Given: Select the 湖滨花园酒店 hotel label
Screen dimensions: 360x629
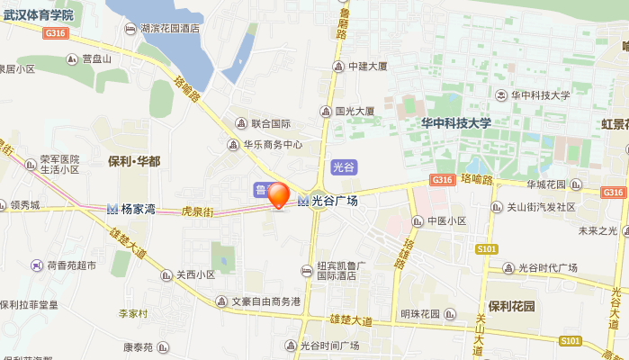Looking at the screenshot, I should (170, 29).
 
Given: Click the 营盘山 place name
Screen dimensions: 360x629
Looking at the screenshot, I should (94, 59).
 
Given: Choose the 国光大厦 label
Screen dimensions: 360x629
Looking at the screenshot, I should (355, 112).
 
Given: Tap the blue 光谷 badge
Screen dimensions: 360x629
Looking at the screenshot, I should (344, 166).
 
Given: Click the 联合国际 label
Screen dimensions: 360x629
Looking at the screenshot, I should (270, 123).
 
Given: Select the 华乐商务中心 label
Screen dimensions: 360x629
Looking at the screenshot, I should (272, 144).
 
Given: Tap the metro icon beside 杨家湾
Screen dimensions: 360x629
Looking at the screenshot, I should (112, 209).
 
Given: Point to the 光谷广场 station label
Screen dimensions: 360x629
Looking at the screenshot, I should (334, 201).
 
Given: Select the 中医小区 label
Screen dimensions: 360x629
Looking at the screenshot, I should (446, 221).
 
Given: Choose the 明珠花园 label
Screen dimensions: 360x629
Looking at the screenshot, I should (419, 314).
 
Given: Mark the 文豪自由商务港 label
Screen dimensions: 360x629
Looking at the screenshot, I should (265, 301).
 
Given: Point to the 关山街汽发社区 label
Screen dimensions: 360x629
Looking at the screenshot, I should (538, 207).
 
